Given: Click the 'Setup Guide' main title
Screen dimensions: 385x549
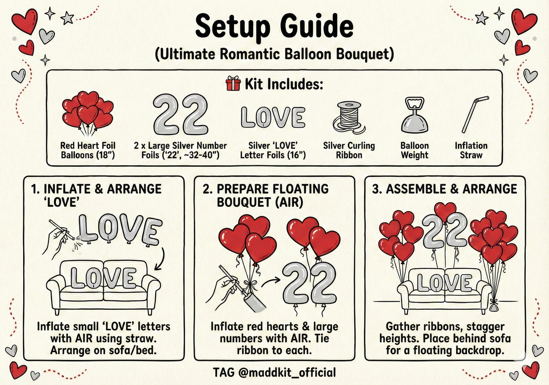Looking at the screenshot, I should (274, 26).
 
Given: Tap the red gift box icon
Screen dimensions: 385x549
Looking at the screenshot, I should (233, 84).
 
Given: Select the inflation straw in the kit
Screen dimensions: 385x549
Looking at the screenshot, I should (475, 114).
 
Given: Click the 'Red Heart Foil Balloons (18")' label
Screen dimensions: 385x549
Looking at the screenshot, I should (88, 151).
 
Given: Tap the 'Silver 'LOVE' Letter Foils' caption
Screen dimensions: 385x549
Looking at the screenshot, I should (273, 151).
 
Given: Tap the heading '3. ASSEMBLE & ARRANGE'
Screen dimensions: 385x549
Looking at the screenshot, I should (445, 189).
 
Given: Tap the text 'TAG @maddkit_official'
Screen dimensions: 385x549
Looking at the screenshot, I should (274, 372).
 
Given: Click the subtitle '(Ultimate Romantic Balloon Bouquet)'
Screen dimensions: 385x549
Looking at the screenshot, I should (274, 54).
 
